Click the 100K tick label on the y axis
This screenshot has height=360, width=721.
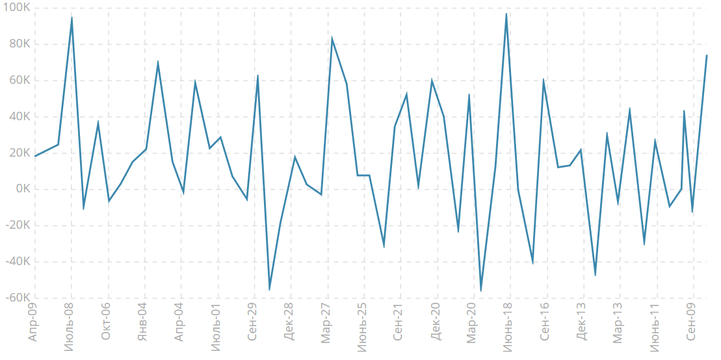15,8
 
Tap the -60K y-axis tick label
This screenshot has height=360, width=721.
14,298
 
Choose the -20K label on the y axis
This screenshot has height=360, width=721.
14,225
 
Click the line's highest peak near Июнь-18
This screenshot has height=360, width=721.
506,14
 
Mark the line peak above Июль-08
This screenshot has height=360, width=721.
72,18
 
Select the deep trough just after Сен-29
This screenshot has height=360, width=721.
269,290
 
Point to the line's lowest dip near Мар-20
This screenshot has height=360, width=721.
480,290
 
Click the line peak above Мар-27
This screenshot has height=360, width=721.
332,39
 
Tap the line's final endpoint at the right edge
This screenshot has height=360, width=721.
707,55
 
